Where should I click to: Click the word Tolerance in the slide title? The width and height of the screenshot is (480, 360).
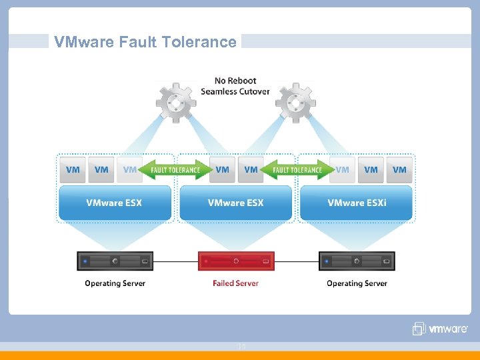click(x=206, y=42)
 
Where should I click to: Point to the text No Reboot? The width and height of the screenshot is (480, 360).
click(x=235, y=81)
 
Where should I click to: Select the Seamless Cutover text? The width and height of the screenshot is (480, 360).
click(x=235, y=91)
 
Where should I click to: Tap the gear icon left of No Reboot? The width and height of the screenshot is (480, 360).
click(x=176, y=102)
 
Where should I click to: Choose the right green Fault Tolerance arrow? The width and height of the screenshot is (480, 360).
click(x=297, y=169)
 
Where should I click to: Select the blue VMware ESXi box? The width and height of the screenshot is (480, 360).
click(x=357, y=203)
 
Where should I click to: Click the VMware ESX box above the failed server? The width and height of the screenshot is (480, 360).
click(x=235, y=203)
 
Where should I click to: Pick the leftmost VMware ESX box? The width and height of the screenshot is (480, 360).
click(x=114, y=203)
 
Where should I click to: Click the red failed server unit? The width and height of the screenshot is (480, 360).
click(x=236, y=261)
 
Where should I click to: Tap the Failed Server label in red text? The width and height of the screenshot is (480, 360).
click(x=235, y=283)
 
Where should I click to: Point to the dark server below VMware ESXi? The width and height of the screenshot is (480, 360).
click(x=357, y=261)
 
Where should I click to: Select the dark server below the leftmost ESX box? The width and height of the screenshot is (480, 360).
click(x=115, y=261)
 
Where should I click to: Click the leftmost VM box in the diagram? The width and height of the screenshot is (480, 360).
click(x=73, y=169)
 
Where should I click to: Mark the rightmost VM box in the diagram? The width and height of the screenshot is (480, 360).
click(x=399, y=169)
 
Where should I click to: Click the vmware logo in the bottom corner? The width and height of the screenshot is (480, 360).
click(x=441, y=329)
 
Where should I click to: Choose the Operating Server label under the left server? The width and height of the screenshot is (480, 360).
click(x=115, y=283)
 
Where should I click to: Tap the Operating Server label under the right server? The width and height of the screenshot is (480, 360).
click(x=357, y=283)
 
